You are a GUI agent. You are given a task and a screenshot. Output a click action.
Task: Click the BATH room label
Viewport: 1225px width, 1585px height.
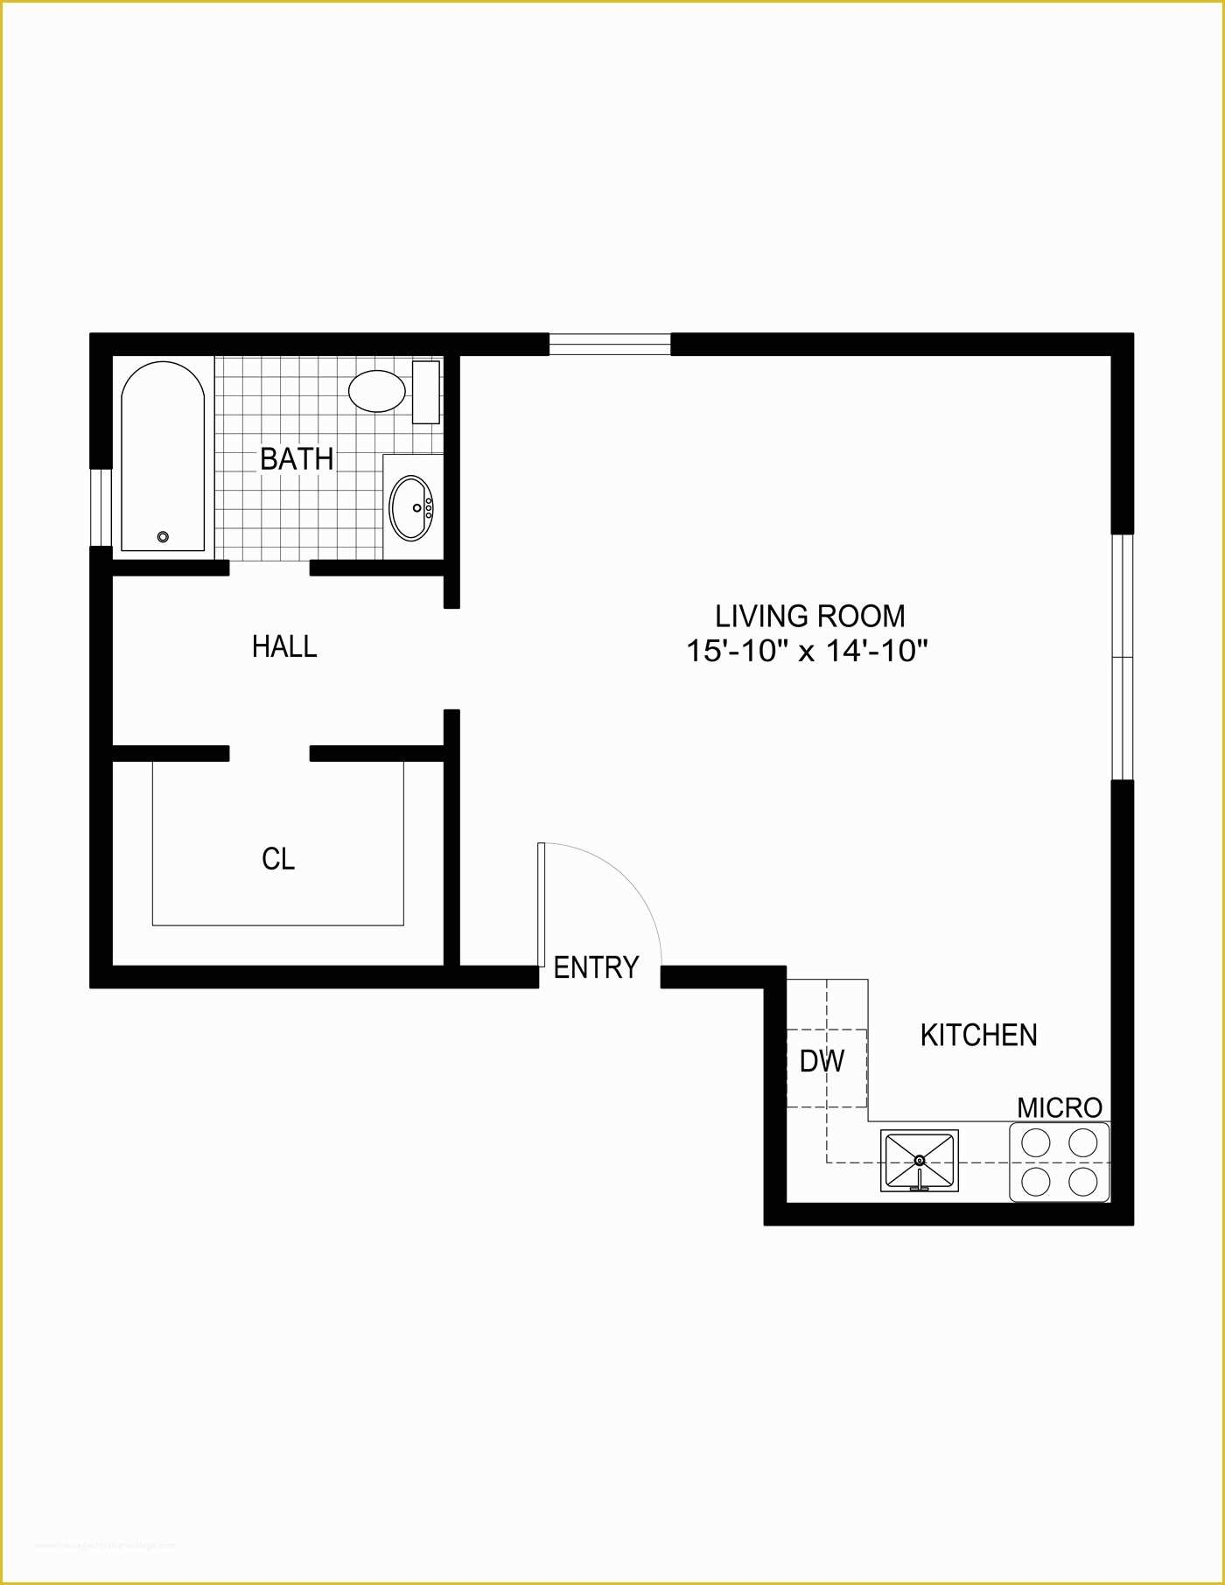pyautogui.click(x=297, y=458)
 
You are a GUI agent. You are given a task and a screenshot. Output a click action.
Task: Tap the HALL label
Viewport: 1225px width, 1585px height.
pyautogui.click(x=284, y=646)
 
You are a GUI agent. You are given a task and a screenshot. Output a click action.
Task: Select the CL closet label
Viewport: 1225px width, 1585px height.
pyautogui.click(x=278, y=859)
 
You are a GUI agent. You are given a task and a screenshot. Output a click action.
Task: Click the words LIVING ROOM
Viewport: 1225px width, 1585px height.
pyautogui.click(x=809, y=616)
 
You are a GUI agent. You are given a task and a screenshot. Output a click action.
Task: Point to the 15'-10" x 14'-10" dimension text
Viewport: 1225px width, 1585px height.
pyautogui.click(x=806, y=651)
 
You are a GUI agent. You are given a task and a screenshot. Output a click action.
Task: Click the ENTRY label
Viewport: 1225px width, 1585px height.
pyautogui.click(x=596, y=967)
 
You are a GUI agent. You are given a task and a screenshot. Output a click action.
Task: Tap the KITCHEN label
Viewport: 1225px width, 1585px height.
pyautogui.click(x=978, y=1035)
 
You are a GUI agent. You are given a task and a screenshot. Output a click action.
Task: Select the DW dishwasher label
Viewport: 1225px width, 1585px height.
pyautogui.click(x=822, y=1061)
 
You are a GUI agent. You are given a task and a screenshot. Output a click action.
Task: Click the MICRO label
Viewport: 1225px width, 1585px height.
pyautogui.click(x=1059, y=1107)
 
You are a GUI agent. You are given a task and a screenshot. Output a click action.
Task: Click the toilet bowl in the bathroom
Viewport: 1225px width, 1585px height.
pyautogui.click(x=376, y=391)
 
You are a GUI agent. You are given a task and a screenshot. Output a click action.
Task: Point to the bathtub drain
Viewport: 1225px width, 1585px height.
pyautogui.click(x=162, y=537)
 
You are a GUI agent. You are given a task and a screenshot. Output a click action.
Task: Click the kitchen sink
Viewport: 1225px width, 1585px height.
pyautogui.click(x=919, y=1161)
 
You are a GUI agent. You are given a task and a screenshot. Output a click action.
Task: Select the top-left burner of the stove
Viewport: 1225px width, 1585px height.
pyautogui.click(x=1036, y=1142)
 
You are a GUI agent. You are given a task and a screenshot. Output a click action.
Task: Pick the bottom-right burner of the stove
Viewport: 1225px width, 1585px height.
pyautogui.click(x=1083, y=1182)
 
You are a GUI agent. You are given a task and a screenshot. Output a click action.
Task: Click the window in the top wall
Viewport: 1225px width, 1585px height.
pyautogui.click(x=609, y=344)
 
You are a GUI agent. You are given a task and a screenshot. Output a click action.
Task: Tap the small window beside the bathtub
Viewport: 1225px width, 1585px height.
pyautogui.click(x=101, y=507)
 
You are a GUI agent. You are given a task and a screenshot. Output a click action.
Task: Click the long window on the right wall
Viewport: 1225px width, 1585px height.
pyautogui.click(x=1122, y=656)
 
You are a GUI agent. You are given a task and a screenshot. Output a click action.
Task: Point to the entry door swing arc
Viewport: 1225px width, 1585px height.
pyautogui.click(x=630, y=883)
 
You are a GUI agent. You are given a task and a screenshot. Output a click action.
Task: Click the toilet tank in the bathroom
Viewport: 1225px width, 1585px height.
pyautogui.click(x=425, y=392)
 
